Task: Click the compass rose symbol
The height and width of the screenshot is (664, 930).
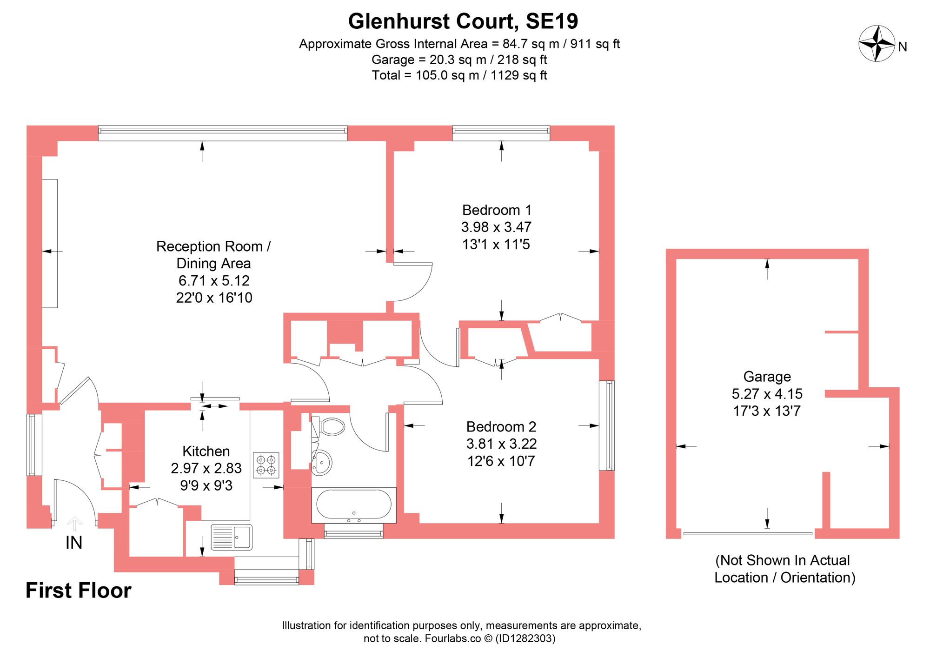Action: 877,44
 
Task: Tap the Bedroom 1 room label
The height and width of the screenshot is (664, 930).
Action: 496,210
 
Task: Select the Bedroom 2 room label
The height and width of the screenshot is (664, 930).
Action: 501,426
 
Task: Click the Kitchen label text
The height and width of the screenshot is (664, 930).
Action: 206,451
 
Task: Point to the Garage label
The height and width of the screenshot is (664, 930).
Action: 767,377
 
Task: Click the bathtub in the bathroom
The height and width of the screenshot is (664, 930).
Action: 354,504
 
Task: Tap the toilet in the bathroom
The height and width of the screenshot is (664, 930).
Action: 332,426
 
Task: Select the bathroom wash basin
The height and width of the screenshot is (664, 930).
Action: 322,463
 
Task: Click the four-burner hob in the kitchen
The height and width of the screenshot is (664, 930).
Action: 266,465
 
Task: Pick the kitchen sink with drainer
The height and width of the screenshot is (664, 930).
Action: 232,537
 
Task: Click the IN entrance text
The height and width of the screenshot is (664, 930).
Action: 74,543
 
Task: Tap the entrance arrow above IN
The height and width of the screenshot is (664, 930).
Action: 74,523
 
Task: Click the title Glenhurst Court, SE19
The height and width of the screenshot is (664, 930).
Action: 463,21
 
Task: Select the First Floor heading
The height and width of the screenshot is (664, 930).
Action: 78,591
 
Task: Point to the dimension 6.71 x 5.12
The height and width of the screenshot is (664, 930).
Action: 214,280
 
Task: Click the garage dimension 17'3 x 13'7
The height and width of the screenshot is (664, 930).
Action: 767,411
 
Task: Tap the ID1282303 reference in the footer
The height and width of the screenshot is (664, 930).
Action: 525,638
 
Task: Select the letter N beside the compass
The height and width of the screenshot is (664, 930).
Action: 903,47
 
